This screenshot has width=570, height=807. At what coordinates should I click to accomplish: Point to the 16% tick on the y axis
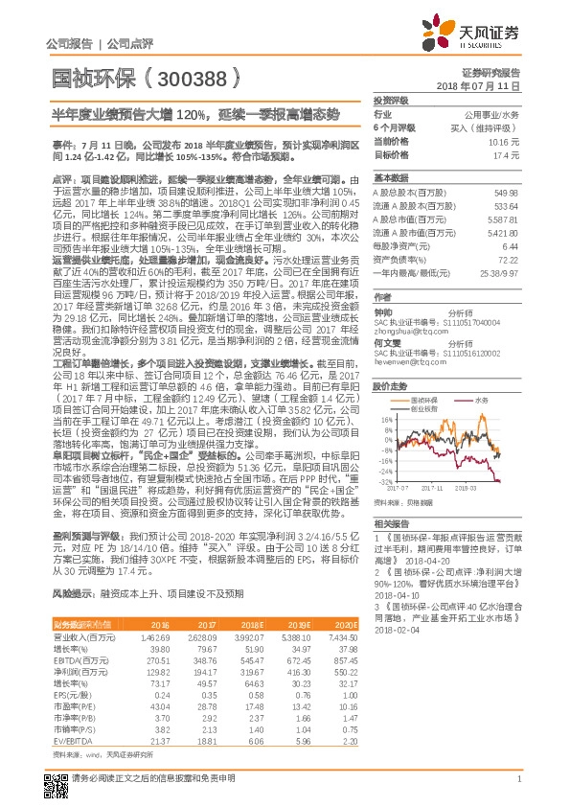386,392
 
